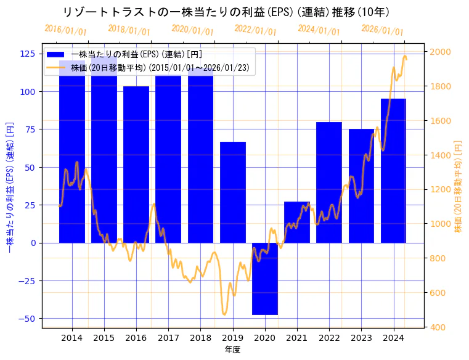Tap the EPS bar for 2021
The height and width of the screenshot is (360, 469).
(297, 222)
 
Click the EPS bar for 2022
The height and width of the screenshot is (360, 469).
(329, 182)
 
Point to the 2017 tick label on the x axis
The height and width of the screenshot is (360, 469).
(168, 338)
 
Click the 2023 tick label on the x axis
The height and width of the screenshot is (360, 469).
(361, 338)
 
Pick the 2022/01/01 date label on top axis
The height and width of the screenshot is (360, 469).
(256, 30)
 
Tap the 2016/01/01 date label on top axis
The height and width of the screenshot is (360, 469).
(66, 30)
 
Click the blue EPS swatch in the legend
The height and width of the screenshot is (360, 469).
(59, 55)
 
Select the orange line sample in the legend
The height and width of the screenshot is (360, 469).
(59, 68)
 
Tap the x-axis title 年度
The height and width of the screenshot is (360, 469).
(233, 350)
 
